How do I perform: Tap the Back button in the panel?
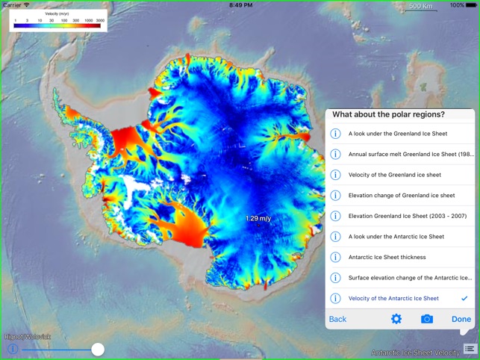[338, 319]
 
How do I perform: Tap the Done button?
[461, 319]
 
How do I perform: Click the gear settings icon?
[396, 319]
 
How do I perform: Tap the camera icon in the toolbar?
[427, 319]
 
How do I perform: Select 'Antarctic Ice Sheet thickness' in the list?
[387, 257]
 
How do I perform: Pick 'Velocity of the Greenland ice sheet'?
[394, 175]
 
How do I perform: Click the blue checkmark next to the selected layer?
[464, 298]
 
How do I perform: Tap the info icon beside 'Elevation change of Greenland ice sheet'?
[336, 196]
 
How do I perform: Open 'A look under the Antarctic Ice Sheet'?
[396, 237]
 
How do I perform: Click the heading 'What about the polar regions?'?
[388, 114]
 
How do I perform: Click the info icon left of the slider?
[13, 349]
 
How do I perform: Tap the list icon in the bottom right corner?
[469, 349]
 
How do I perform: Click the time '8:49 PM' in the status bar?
[240, 5]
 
